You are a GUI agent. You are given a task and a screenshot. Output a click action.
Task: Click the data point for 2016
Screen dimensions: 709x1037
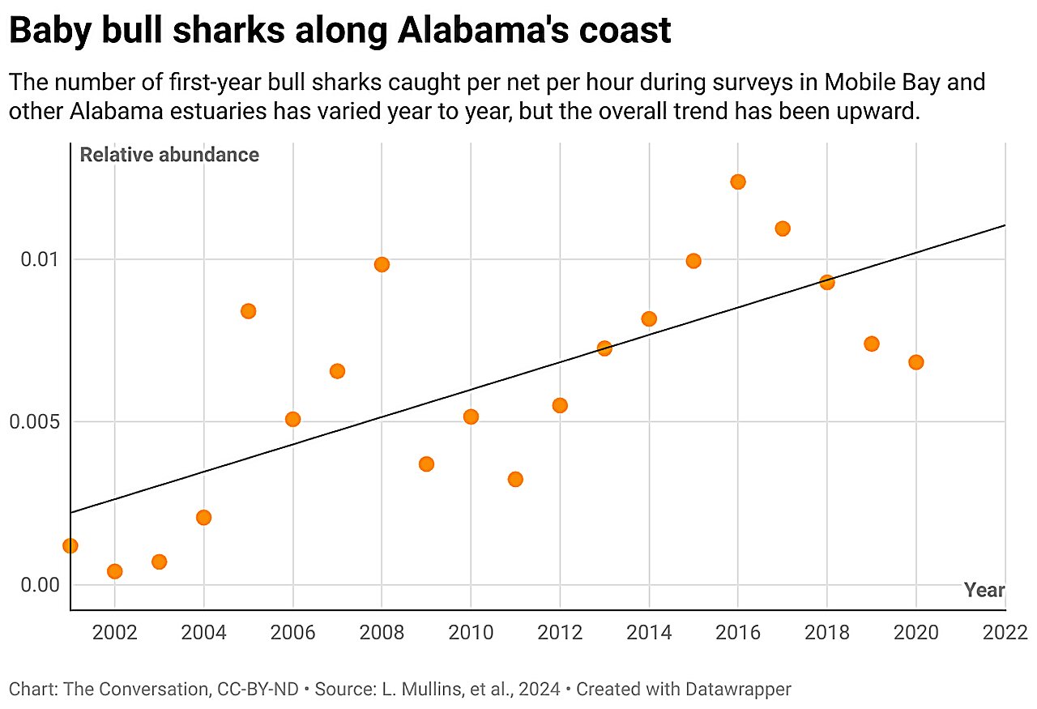coord(737,182)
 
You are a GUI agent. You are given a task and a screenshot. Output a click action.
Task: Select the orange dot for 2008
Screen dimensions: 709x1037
coord(382,264)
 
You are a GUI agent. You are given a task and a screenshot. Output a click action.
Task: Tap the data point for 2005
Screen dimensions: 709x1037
coord(248,311)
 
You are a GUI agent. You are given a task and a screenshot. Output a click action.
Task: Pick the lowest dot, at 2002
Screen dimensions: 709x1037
coord(114,571)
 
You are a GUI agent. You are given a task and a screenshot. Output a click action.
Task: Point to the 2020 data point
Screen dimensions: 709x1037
coord(915,362)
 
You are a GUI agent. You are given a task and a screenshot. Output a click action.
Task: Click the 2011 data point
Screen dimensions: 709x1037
coord(515,479)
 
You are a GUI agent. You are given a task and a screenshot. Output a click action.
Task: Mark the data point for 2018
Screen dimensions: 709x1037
coord(826,282)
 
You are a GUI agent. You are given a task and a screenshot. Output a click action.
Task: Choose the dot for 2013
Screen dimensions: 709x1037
coord(604,348)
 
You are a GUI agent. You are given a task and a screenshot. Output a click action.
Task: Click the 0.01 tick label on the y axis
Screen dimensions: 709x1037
coord(39,259)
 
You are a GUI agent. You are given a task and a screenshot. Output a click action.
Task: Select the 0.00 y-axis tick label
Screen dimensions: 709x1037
coord(39,585)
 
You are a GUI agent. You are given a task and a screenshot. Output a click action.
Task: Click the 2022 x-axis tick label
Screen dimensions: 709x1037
coord(1005,632)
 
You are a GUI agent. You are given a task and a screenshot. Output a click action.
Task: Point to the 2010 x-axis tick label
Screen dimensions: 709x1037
coord(471,632)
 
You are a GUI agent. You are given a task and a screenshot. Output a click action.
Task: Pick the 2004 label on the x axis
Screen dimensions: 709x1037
coord(203,632)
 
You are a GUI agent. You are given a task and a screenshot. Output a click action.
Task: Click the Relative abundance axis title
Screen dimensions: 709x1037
coord(169,155)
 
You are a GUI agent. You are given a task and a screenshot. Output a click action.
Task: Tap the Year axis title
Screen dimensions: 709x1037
coord(984,590)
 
